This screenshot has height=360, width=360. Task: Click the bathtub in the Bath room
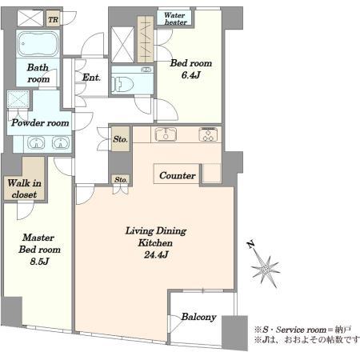point(38,44)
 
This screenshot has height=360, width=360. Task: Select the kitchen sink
point(166,134)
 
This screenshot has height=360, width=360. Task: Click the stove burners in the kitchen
point(208,134)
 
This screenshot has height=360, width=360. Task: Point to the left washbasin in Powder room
point(36,142)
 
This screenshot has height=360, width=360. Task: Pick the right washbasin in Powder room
point(61,142)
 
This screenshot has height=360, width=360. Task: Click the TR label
point(53,19)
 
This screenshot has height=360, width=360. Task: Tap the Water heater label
point(175,18)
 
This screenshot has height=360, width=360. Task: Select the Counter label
point(178,175)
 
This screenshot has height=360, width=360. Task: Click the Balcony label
point(198,317)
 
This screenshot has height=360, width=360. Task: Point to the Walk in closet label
point(24,189)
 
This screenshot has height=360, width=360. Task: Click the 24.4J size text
point(156,255)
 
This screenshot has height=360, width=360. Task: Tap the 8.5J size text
point(39,262)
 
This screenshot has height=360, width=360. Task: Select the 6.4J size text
point(190,75)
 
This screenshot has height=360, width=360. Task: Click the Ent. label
point(91,78)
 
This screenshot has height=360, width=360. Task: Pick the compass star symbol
point(266,270)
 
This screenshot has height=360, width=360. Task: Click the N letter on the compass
point(250,244)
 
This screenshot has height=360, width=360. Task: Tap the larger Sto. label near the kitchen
point(120,139)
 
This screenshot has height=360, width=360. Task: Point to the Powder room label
point(40,122)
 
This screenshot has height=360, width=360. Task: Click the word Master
point(38,238)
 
